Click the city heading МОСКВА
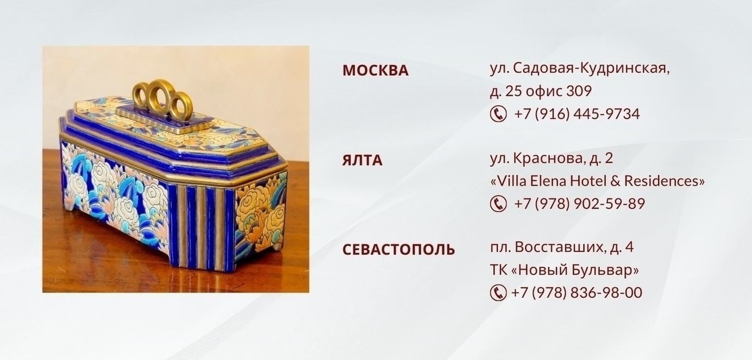pyautogui.click(x=375, y=70)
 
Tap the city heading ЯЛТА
pyautogui.click(x=362, y=160)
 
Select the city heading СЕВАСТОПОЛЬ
pyautogui.click(x=399, y=250)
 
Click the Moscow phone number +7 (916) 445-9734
pyautogui.click(x=577, y=114)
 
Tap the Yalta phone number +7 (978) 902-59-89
pyautogui.click(x=579, y=204)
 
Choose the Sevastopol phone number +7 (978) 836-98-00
pyautogui.click(x=577, y=292)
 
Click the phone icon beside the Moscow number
pyautogui.click(x=499, y=114)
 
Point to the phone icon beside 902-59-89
pyautogui.click(x=499, y=204)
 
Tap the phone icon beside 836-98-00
pyautogui.click(x=499, y=292)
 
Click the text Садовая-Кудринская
pyautogui.click(x=591, y=68)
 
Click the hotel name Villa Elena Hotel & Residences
pyautogui.click(x=597, y=181)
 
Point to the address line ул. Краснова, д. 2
pyautogui.click(x=551, y=159)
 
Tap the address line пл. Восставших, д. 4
pyautogui.click(x=561, y=248)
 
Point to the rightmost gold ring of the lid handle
pyautogui.click(x=181, y=105)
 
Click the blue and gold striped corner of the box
pyautogui.click(x=201, y=226)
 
